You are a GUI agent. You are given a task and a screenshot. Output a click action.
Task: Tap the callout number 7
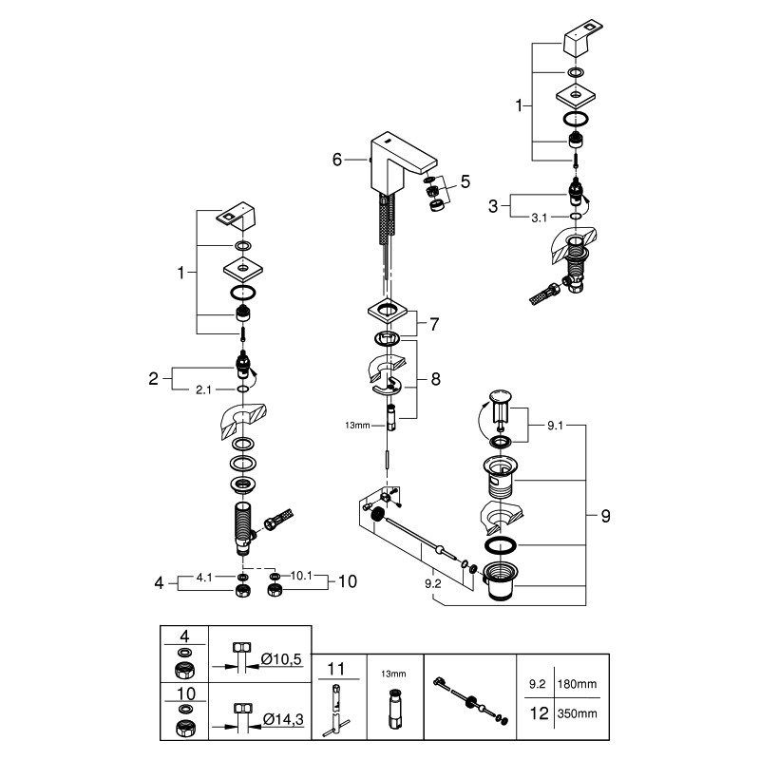tap(433, 324)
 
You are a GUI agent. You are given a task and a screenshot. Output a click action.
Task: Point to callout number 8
tap(435, 378)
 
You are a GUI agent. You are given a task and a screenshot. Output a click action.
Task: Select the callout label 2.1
tap(204, 389)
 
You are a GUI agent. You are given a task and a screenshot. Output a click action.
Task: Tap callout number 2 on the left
tap(153, 378)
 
